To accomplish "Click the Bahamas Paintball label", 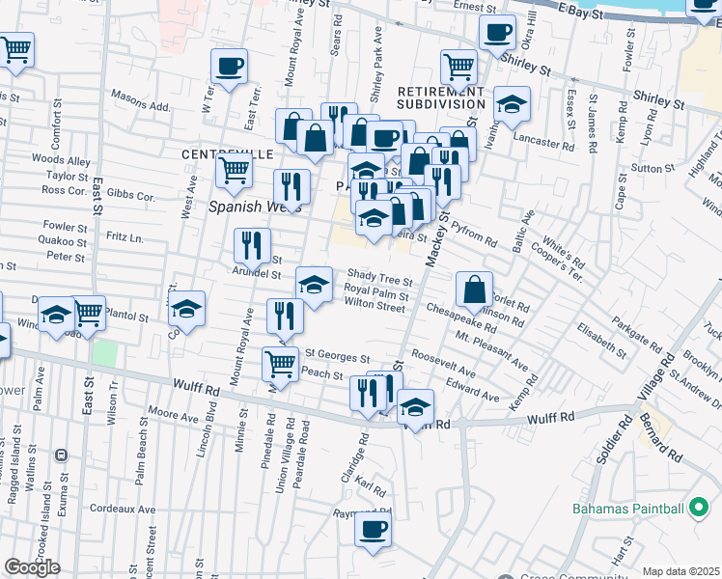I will coord(626,509).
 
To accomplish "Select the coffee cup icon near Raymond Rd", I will coord(374,528).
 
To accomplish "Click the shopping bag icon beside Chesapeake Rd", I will coord(475,289).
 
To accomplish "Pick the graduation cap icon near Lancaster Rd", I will coord(512,103).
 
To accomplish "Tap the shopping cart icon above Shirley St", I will coord(459,67).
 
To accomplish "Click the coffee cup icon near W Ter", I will coord(229,68).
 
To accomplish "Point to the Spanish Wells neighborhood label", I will coord(256,207).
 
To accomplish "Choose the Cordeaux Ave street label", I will coord(122,509).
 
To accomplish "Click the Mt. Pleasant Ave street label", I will coord(492,352).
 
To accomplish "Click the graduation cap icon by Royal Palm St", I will coord(314,284).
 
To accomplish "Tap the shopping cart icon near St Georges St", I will coord(280,364).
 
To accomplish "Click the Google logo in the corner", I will coord(31,566).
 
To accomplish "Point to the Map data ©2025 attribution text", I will coord(680,571).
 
